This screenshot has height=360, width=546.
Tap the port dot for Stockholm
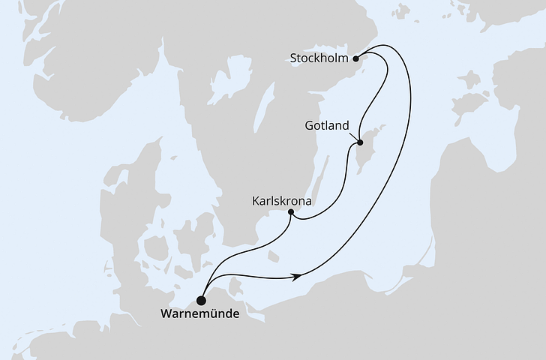(x=357, y=57)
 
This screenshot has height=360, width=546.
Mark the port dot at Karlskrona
(x=291, y=213)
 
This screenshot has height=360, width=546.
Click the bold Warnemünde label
(x=200, y=314)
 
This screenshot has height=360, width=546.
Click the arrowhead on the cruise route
(x=298, y=277)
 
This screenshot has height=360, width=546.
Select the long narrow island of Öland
(x=320, y=178)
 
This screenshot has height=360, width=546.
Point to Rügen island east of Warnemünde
(x=237, y=287)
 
